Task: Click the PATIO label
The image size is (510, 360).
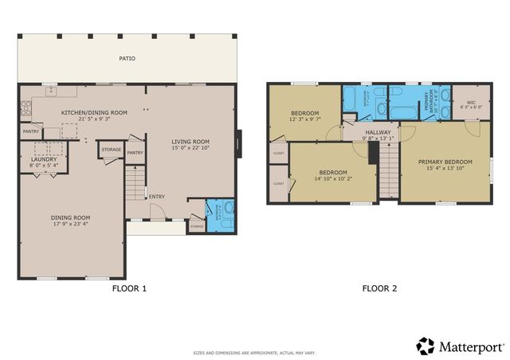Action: (x=127, y=58)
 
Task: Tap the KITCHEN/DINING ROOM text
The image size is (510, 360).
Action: (x=94, y=113)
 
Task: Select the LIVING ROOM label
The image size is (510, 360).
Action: (x=190, y=142)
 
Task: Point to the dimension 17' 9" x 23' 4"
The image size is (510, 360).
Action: (x=71, y=224)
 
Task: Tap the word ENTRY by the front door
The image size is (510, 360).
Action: (x=156, y=198)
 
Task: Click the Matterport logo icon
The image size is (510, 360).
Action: (x=426, y=346)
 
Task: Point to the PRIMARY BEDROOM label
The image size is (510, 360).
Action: (x=445, y=162)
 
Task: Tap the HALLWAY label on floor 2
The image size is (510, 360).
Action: (x=378, y=132)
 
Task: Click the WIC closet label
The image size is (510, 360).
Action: (x=470, y=102)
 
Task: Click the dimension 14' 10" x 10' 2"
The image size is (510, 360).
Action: (x=332, y=179)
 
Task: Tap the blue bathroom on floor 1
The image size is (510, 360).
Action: (x=220, y=213)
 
